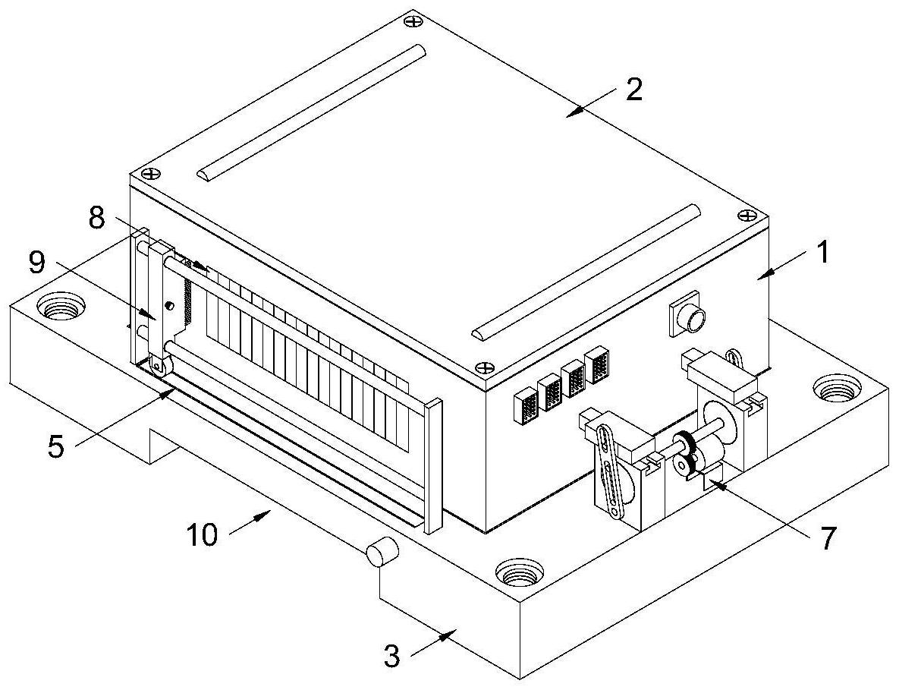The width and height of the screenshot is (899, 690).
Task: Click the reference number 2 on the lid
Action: point(633,90)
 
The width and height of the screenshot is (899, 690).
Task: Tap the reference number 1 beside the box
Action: point(823,252)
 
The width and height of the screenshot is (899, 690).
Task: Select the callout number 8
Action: point(97,218)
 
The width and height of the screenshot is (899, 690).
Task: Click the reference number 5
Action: point(55,446)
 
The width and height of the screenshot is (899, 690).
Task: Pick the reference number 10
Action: point(203,535)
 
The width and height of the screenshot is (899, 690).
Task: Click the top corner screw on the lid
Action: point(412,22)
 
